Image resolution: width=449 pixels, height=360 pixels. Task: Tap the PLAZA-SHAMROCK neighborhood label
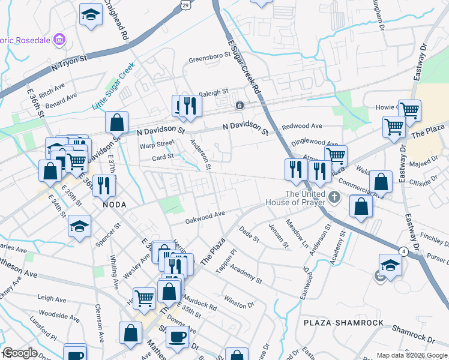(343, 323)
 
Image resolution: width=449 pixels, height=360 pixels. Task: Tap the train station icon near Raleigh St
(240, 106)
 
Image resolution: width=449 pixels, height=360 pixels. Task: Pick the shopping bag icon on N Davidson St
(116, 122)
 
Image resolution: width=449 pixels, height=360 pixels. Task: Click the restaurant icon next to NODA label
(105, 185)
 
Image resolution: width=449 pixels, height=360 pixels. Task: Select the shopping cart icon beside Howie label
(409, 110)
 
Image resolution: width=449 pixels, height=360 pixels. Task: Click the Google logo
(20, 353)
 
